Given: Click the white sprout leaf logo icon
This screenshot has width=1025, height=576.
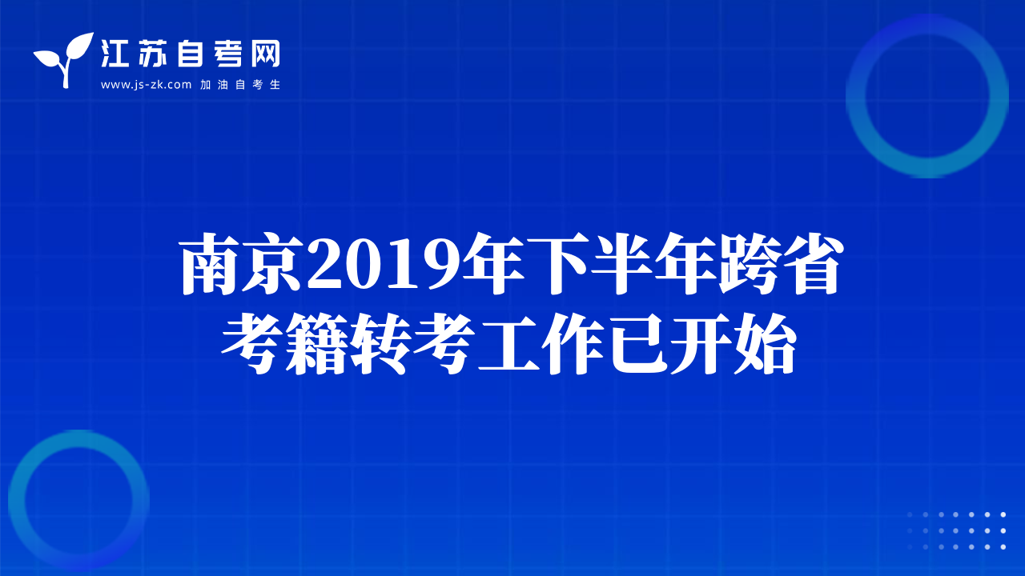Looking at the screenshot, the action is click(65, 59).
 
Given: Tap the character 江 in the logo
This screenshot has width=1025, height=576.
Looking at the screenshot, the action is click(115, 54).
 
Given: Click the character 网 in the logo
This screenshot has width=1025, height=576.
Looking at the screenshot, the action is click(265, 54).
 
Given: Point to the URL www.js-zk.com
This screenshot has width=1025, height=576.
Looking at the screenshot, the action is click(146, 85).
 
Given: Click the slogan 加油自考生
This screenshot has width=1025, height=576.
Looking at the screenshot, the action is click(240, 85).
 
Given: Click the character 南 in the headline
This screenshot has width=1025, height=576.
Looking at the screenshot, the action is click(211, 263).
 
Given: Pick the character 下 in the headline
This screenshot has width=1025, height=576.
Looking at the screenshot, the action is click(557, 263).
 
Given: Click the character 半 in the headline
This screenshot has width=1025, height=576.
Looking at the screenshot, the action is click(621, 263).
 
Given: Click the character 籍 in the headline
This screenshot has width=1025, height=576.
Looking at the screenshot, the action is click(316, 344).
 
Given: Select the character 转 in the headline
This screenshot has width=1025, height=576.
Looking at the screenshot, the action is click(380, 344).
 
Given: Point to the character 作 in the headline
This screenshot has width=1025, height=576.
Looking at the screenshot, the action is click(573, 344).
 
